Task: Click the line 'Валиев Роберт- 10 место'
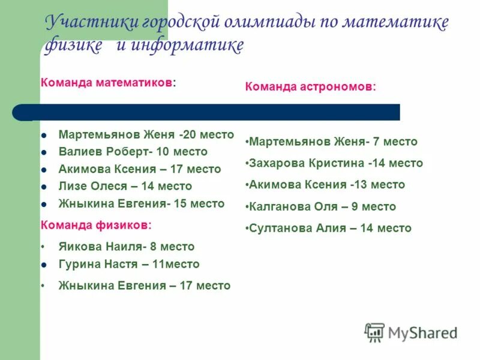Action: coord(133,152)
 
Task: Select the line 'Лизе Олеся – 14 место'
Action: coord(125,186)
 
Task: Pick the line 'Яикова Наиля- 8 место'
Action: coord(127,247)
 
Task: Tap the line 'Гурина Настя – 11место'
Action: coord(129,264)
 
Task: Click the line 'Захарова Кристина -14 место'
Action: coord(335,163)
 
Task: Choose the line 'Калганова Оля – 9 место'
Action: coord(322,206)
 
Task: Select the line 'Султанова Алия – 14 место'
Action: coord(330,228)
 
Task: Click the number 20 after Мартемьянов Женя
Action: coord(192,134)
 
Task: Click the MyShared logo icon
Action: coord(374,332)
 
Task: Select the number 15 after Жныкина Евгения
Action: coord(180,203)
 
